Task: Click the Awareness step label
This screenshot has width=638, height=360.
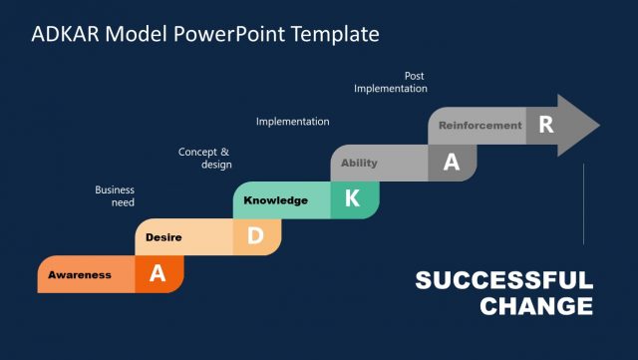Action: coord(80,275)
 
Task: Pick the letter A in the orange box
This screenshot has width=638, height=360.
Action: coord(158,274)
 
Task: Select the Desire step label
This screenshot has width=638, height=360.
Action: coord(162,237)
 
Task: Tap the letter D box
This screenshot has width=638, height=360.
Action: coord(255,236)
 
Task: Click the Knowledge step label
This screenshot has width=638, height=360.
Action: coord(275,200)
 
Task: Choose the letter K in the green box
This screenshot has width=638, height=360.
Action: coord(352,199)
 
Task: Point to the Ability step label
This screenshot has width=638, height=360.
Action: coord(359,163)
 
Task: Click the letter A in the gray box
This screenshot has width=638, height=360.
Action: coord(451,163)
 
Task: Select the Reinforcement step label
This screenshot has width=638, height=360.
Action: coord(479,126)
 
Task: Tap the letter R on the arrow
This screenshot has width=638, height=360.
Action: coord(545,125)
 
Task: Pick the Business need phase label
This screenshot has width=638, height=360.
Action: coord(115,195)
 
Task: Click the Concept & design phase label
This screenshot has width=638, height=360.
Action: coord(204,158)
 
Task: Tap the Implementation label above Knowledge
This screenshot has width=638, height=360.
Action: coord(292,122)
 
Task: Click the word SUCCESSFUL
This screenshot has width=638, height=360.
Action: coord(503,280)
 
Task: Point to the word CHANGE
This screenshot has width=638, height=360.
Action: coord(536,306)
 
